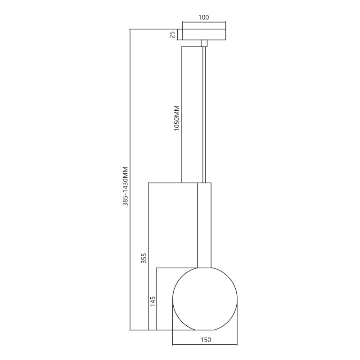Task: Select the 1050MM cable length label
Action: click(177, 118)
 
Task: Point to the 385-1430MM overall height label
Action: click(126, 187)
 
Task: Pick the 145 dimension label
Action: click(152, 301)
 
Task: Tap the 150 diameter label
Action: click(205, 340)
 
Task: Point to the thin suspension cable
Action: click(205, 112)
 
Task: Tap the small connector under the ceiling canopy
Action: click(204, 43)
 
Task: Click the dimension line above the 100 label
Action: click(204, 22)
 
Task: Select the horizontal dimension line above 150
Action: click(205, 345)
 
